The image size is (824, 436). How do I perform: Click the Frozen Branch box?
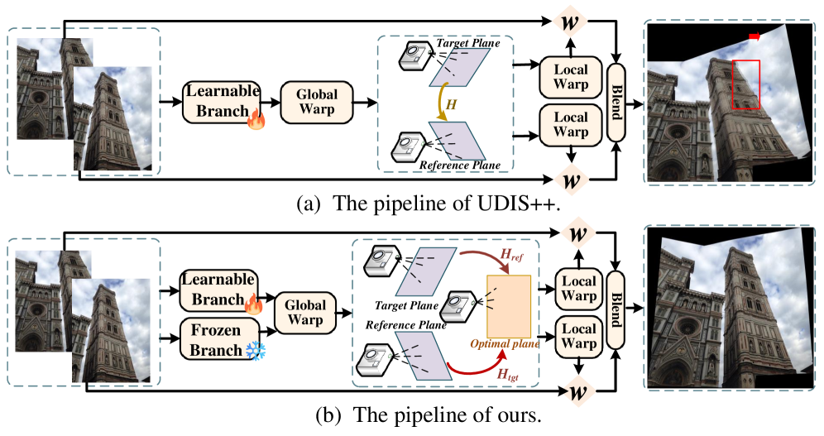(x=215, y=339)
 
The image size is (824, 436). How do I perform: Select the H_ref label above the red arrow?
(x=511, y=255)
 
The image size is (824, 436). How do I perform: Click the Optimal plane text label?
(x=505, y=343)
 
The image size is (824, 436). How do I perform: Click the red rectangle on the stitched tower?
(x=745, y=84)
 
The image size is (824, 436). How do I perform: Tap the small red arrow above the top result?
(x=754, y=36)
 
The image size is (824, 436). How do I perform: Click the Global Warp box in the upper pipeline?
(x=317, y=102)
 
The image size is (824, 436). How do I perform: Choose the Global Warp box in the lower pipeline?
(x=305, y=312)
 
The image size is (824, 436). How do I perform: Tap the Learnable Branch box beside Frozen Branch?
(x=218, y=290)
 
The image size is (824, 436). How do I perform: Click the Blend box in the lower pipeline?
(x=616, y=310)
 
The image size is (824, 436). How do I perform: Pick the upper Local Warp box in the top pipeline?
(x=571, y=76)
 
